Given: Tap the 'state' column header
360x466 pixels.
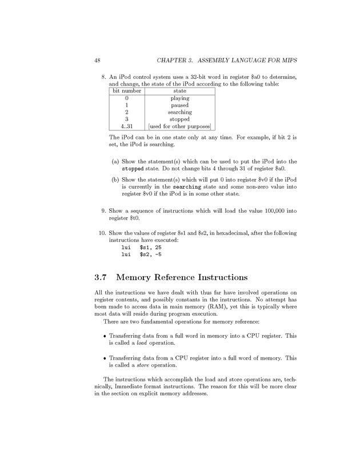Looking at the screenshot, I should point(180,91).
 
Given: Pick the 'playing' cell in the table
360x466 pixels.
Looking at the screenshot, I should point(180,98).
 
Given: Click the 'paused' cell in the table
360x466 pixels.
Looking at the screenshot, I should point(180,105).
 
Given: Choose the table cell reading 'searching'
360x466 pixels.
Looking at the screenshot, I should point(180,113).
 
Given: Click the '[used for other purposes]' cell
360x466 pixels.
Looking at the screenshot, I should point(180,126).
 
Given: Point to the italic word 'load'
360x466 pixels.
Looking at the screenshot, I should point(142,344).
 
